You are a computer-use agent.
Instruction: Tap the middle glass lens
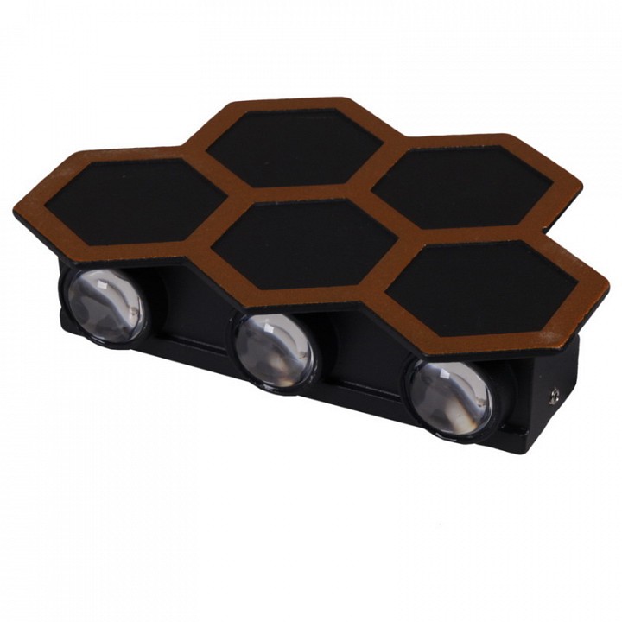(x=275, y=346)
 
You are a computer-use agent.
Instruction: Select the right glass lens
(x=450, y=397)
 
